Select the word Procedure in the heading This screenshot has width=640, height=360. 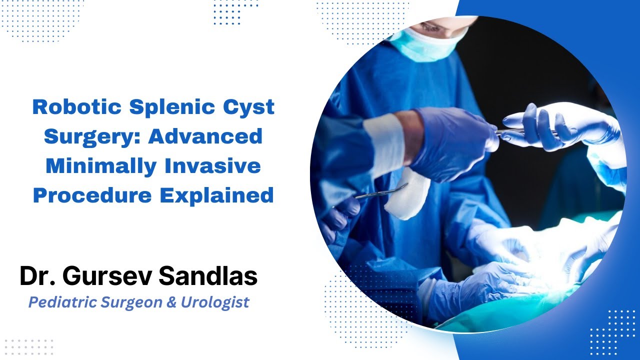pos(92,195)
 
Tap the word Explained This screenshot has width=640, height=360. pos(217,195)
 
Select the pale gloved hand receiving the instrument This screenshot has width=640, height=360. pos(555,125)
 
